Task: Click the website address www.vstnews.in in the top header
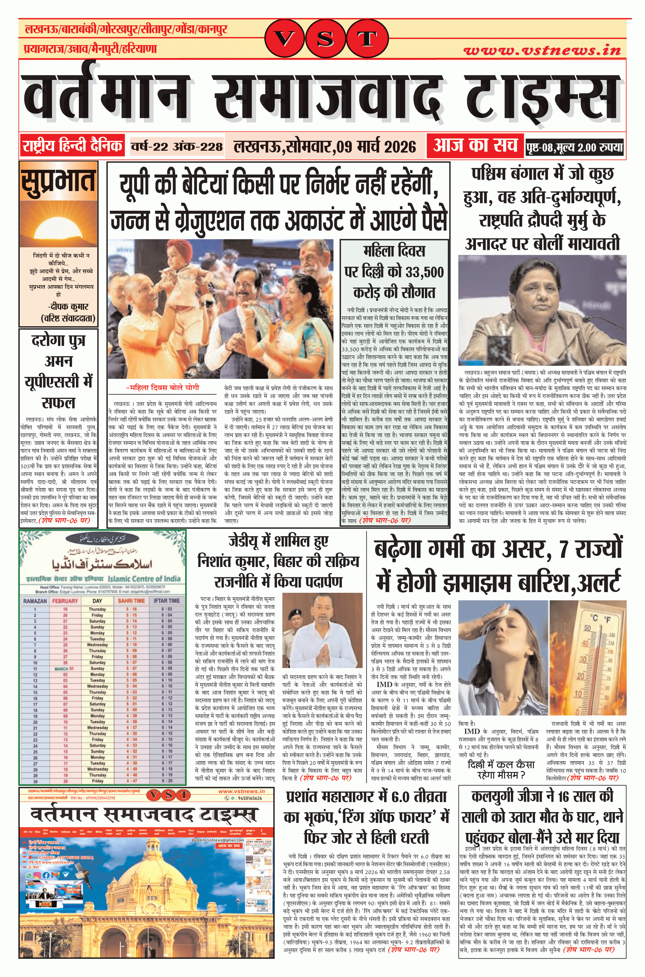pos(542,51)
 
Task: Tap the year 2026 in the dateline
pos(400,147)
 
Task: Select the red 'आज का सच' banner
pos(475,145)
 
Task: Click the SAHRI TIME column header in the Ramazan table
pos(131,601)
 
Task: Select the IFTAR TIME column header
pos(167,601)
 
